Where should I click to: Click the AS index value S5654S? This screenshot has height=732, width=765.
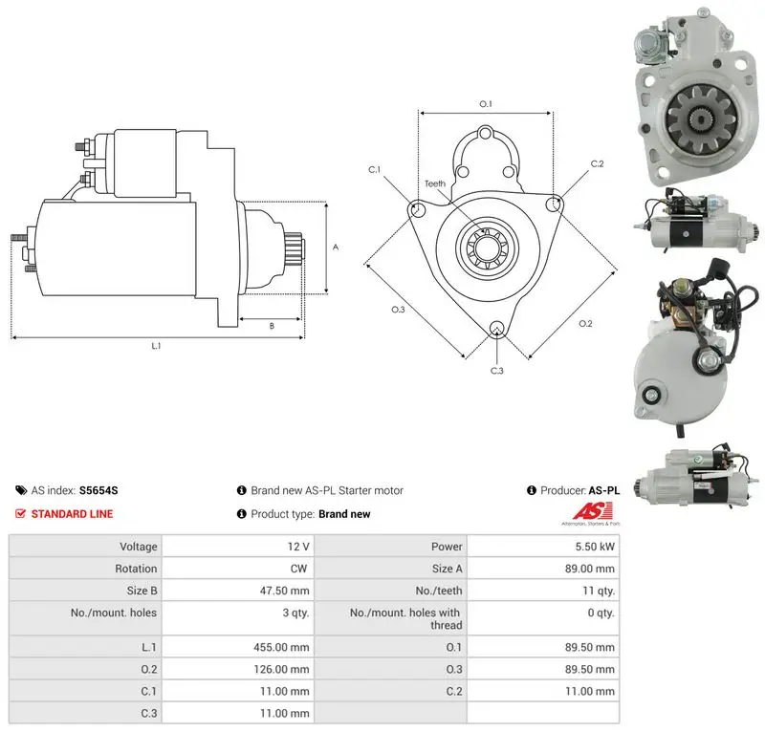click(x=98, y=490)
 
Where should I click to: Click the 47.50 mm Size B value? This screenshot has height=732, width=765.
click(x=284, y=591)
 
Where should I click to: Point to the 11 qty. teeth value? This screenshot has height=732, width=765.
click(x=599, y=591)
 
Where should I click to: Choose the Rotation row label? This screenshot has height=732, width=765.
click(x=136, y=569)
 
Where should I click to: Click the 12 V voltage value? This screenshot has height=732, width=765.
click(x=298, y=547)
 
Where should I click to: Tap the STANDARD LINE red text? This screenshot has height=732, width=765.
click(x=72, y=514)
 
